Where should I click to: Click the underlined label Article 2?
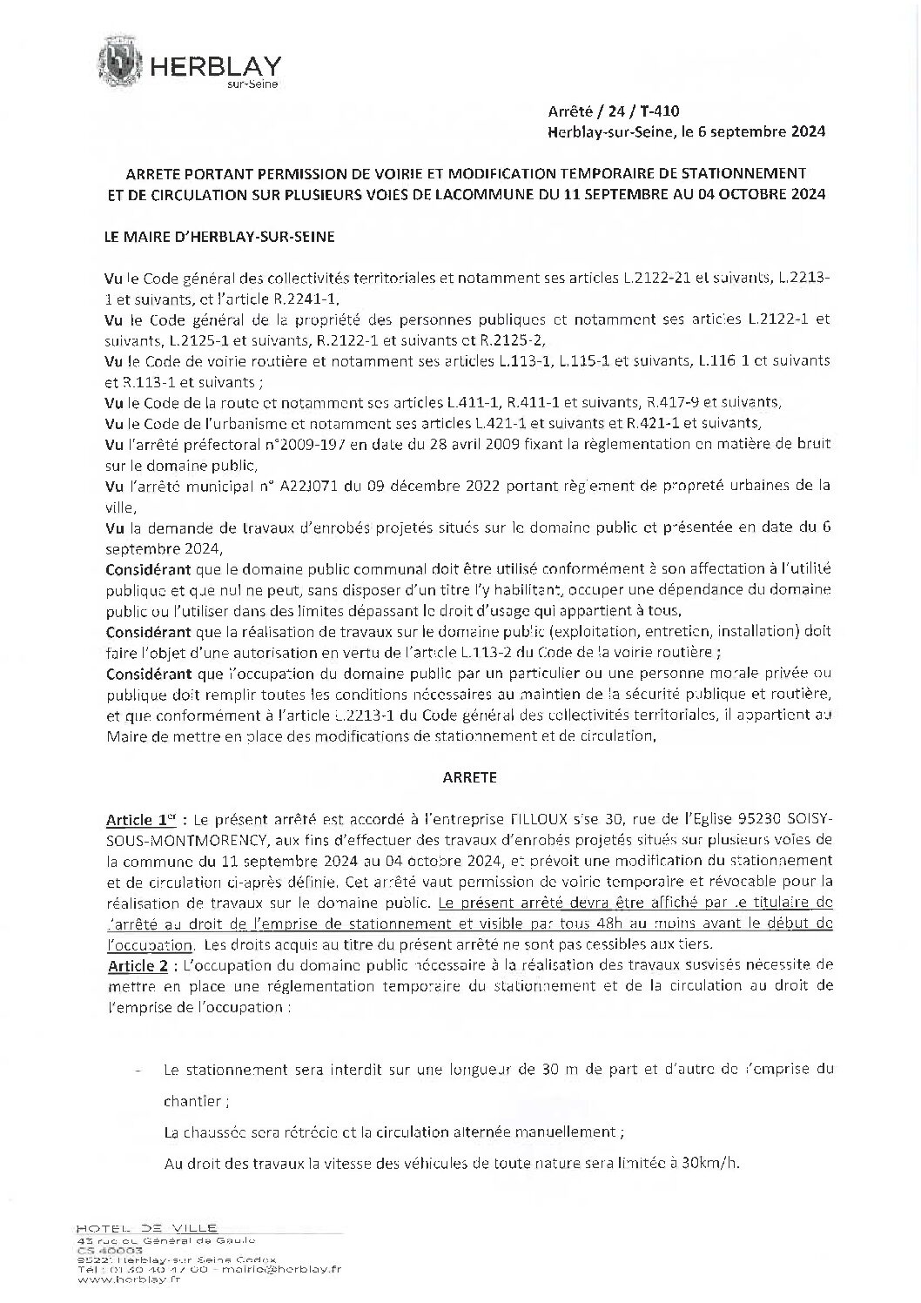135,967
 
